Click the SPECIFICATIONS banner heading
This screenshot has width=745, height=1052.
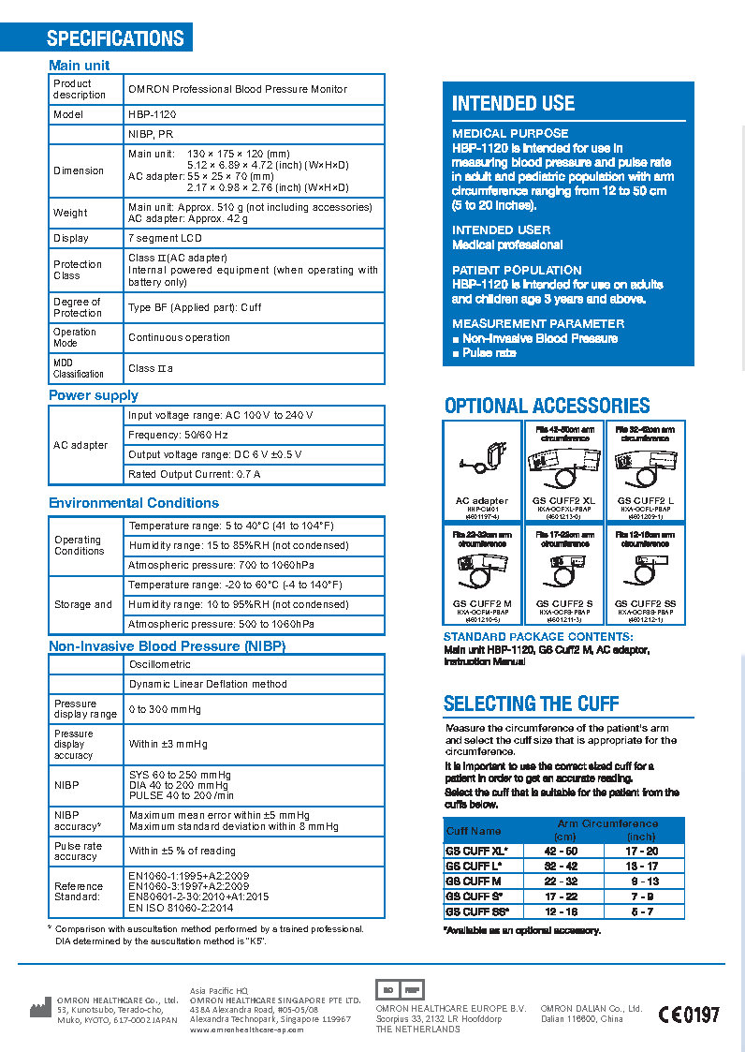pos(115,38)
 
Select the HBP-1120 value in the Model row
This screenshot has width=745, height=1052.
pos(153,114)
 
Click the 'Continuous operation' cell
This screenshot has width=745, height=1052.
pos(179,337)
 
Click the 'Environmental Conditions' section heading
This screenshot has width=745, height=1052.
pos(134,503)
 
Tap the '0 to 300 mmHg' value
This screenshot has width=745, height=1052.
pos(165,709)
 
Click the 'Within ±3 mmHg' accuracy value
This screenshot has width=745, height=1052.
pos(168,745)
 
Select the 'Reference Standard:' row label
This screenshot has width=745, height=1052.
pos(79,892)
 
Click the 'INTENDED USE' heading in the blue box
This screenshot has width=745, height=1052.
pos(513,104)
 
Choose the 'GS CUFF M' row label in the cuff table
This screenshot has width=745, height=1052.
pos(474,882)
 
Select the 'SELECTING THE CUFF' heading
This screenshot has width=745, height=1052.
pos(531,704)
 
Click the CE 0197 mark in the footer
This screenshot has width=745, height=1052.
pos(689,1014)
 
